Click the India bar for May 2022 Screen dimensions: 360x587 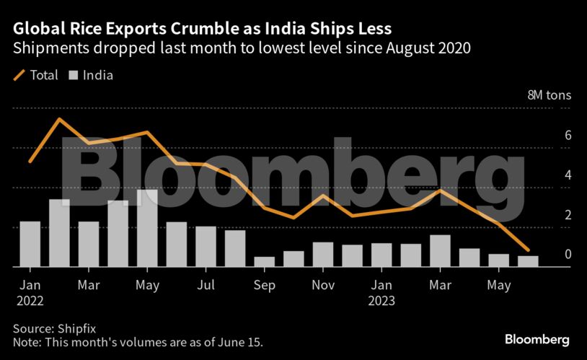pyautogui.click(x=147, y=229)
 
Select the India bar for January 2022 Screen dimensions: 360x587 pyautogui.click(x=30, y=244)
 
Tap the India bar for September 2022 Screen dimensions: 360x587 pyautogui.click(x=265, y=262)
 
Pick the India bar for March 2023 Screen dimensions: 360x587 pyautogui.click(x=440, y=251)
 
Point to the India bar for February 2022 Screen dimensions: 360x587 pyautogui.click(x=59, y=233)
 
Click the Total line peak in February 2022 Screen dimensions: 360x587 pyautogui.click(x=59, y=119)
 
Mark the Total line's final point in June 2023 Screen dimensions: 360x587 pyautogui.click(x=528, y=250)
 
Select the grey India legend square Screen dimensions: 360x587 pyautogui.click(x=74, y=74)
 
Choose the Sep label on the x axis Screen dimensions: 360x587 pyautogui.click(x=265, y=286)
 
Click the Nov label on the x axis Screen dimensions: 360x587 pyautogui.click(x=323, y=286)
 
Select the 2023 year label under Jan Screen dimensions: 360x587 pyautogui.click(x=381, y=301)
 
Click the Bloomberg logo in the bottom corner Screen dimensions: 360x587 pyautogui.click(x=537, y=338)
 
